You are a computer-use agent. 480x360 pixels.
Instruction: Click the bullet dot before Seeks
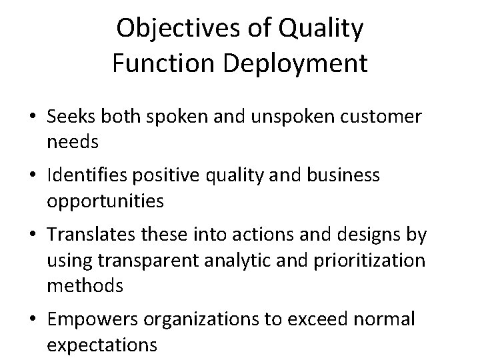pos(32,117)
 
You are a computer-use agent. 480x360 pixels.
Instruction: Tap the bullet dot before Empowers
pos(32,319)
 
